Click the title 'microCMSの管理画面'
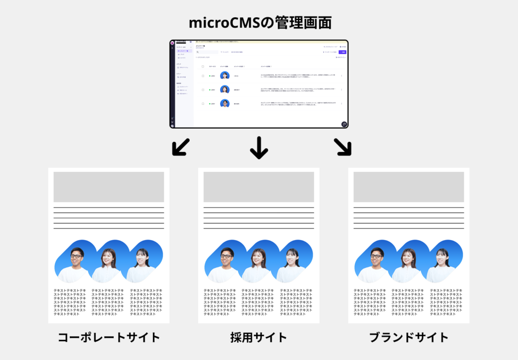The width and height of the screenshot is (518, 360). (258, 23)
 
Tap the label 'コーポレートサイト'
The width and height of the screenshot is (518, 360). (109, 337)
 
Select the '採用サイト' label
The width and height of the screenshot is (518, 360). (258, 337)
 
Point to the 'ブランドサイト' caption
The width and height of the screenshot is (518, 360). (409, 337)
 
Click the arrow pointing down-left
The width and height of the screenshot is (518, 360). (181, 146)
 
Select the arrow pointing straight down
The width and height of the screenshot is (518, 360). (258, 147)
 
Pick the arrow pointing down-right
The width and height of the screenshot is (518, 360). (342, 146)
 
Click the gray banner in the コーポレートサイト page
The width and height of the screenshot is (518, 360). (109, 187)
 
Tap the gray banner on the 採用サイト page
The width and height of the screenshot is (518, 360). (258, 187)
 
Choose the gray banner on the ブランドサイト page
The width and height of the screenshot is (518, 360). (409, 187)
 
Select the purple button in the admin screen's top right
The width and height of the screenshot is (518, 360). (342, 52)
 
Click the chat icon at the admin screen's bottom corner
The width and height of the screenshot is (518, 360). (344, 124)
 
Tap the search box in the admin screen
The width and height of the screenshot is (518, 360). (207, 52)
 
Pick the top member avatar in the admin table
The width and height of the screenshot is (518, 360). (225, 75)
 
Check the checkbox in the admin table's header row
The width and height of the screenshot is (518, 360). (203, 66)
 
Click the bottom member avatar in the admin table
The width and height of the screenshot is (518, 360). (225, 103)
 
